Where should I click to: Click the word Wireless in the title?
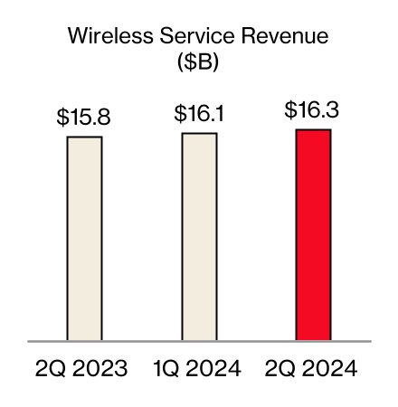pos(107,38)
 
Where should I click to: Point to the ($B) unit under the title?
pos(198,65)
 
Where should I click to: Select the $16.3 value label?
pos(313,111)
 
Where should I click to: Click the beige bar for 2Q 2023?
pos(84,239)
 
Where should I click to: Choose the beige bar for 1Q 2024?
pos(199,237)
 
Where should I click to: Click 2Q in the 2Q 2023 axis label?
pos(51,369)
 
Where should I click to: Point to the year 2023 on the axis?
pos(101,369)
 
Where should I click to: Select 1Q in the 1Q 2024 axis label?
pos(166,369)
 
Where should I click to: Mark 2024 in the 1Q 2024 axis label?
pos(215,369)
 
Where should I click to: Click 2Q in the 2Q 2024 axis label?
pos(280,369)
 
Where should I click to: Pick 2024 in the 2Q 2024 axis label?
pos(330,369)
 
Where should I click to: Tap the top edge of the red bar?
pos(313,130)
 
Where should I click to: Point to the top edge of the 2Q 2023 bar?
pos(84,137)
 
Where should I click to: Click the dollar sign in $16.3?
pos(290,111)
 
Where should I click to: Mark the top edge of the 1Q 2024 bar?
pos(199,134)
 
